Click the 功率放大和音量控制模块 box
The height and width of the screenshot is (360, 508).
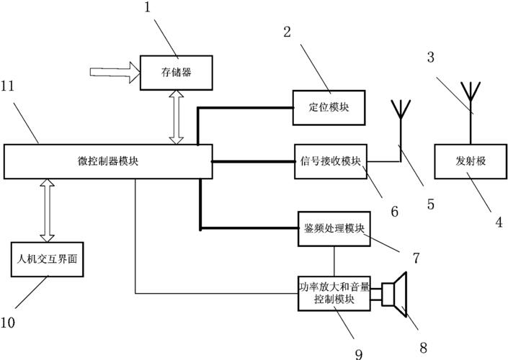point(334,293)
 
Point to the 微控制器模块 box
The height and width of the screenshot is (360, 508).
point(108,161)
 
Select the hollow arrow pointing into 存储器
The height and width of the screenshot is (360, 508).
point(112,72)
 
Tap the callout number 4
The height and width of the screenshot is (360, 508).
point(498,222)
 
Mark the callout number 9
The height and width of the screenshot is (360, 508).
point(359,352)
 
